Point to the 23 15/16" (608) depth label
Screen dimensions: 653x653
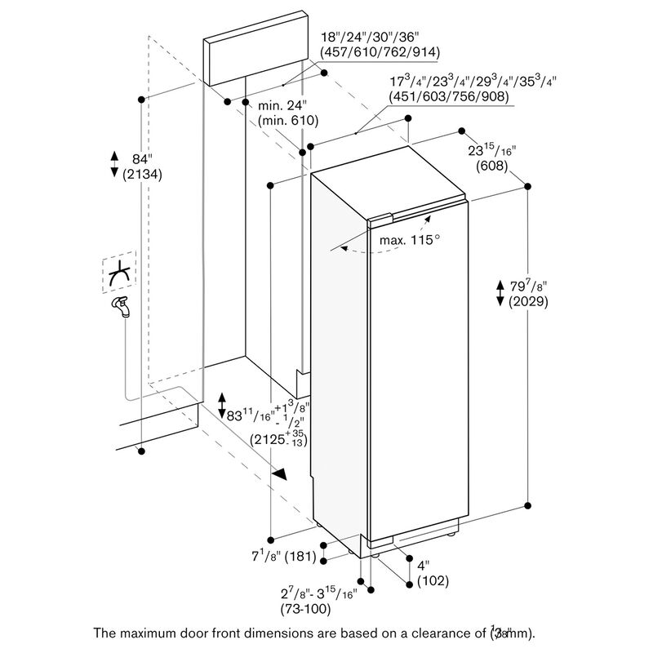pos(492,158)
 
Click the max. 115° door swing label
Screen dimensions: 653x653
pos(410,241)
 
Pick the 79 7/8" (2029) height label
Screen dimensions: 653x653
pos(526,293)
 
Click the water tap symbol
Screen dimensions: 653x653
pos(121,309)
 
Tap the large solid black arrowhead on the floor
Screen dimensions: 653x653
pos(280,474)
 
